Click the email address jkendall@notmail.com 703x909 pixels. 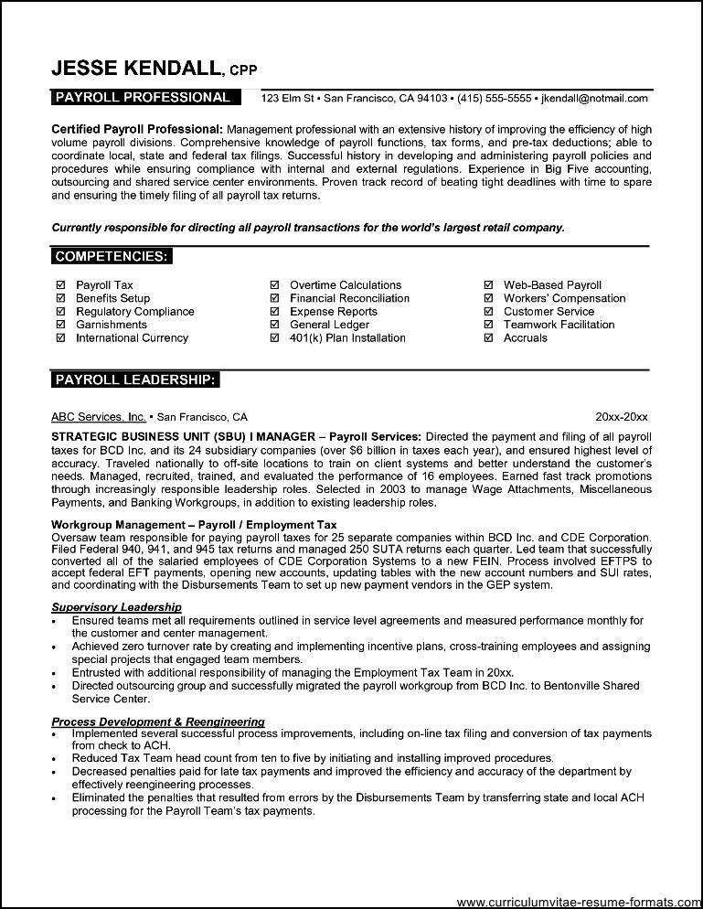(x=594, y=98)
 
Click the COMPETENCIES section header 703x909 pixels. (x=111, y=257)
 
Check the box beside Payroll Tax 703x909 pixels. (x=60, y=285)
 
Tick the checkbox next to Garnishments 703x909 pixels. (x=60, y=325)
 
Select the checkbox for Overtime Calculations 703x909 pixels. (x=274, y=285)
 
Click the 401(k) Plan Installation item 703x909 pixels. (x=347, y=337)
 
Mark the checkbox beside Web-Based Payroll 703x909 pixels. (x=488, y=285)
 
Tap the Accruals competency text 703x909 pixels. (x=526, y=337)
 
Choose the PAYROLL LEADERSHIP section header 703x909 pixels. (x=135, y=379)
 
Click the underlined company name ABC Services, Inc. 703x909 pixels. (x=98, y=416)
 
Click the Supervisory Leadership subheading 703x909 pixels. (x=116, y=607)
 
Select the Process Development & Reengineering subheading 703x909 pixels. (x=158, y=722)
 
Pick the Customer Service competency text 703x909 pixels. (x=549, y=312)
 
